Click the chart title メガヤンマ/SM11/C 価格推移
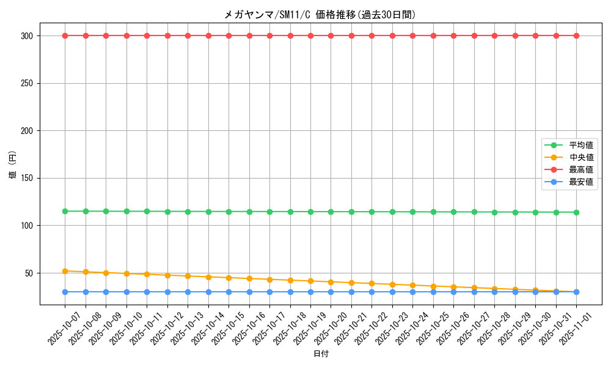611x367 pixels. (320, 15)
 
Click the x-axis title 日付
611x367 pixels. (321, 354)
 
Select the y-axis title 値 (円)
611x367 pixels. (13, 165)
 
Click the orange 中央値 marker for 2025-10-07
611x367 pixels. (65, 271)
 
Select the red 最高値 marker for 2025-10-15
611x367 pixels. (229, 35)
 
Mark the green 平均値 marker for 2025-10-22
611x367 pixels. (371, 212)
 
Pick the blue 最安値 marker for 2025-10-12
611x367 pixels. (167, 292)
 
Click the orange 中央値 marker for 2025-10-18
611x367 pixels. (290, 280)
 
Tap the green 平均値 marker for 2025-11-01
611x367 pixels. (576, 212)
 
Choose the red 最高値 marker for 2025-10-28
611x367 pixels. (494, 35)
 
